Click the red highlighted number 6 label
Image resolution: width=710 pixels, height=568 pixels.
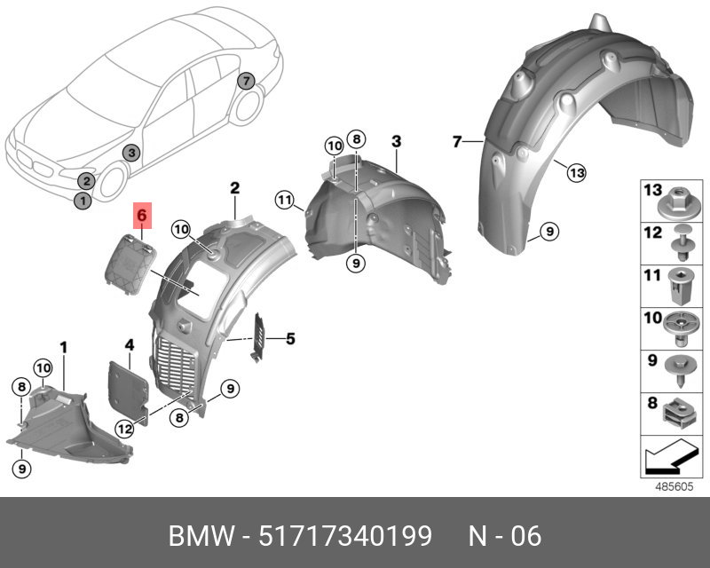tap(143, 216)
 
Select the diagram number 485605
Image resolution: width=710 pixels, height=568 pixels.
tap(672, 487)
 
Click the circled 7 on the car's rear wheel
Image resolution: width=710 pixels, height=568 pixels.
tap(246, 82)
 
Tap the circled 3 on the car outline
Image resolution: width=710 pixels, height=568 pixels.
tap(130, 153)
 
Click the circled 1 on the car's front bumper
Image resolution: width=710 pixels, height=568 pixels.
tap(82, 201)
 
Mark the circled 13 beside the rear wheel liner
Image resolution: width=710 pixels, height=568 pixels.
tap(577, 172)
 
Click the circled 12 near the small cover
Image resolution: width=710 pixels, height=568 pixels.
tap(122, 428)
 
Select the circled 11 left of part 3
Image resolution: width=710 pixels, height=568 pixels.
tap(284, 200)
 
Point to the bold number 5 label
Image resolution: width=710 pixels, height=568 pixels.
tap(289, 337)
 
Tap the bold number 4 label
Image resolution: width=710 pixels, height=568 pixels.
tap(129, 344)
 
